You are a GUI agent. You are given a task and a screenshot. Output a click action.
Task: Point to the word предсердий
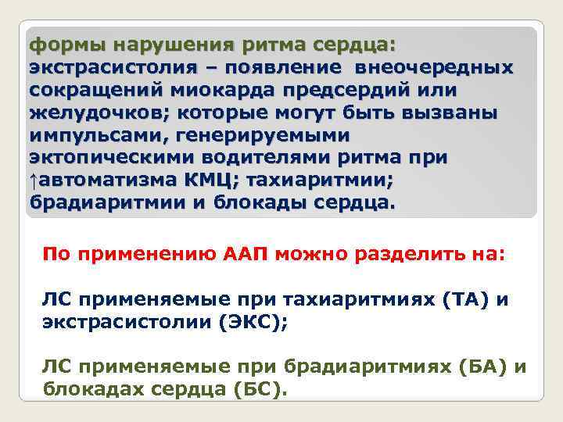click(x=367, y=90)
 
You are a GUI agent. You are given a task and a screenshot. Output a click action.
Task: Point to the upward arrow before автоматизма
click(x=33, y=181)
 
